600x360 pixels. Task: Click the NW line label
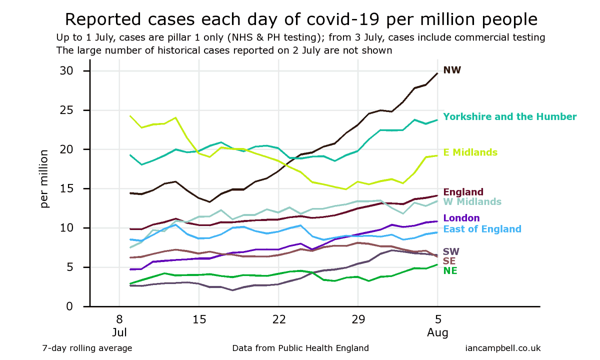point(452,70)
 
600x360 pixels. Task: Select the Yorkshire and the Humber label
point(510,116)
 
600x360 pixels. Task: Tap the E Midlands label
point(470,152)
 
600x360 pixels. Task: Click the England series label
point(463,192)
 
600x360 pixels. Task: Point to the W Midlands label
point(472,201)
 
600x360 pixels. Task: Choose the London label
point(461,218)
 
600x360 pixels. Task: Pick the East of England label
point(482,229)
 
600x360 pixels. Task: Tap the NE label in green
point(450,270)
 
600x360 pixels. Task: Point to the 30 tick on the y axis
point(66,71)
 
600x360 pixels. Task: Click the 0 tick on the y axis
point(70,306)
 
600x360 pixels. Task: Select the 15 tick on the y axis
point(66,189)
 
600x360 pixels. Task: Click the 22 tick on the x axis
point(278,319)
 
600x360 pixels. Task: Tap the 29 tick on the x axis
point(358,319)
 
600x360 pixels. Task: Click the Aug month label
point(437,332)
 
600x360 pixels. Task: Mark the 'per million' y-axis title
point(45,178)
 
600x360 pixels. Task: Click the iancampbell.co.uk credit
point(502,348)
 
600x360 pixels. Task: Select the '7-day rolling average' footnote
point(87,348)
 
